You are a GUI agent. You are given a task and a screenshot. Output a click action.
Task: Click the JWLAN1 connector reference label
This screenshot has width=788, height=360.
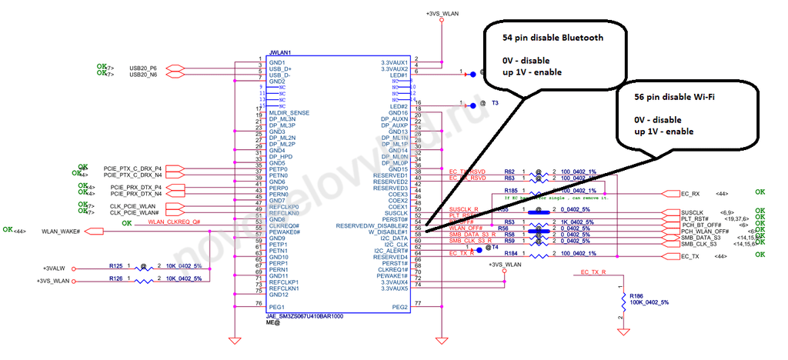281,53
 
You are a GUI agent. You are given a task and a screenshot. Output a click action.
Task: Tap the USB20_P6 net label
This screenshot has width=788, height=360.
143,68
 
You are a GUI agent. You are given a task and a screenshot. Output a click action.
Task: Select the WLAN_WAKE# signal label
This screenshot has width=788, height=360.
61,231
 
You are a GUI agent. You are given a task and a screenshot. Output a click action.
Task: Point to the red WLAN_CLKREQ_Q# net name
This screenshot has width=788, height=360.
175,222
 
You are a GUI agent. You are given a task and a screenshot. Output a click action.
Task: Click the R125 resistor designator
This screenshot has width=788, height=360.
116,265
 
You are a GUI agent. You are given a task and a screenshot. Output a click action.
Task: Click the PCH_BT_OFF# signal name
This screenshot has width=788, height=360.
699,225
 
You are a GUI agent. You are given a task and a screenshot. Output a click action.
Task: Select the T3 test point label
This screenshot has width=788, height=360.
496,102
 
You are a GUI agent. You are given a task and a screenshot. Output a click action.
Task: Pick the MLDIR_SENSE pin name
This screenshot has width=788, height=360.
290,112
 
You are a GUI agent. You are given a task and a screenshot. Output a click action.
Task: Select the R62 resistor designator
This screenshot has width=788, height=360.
509,172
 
